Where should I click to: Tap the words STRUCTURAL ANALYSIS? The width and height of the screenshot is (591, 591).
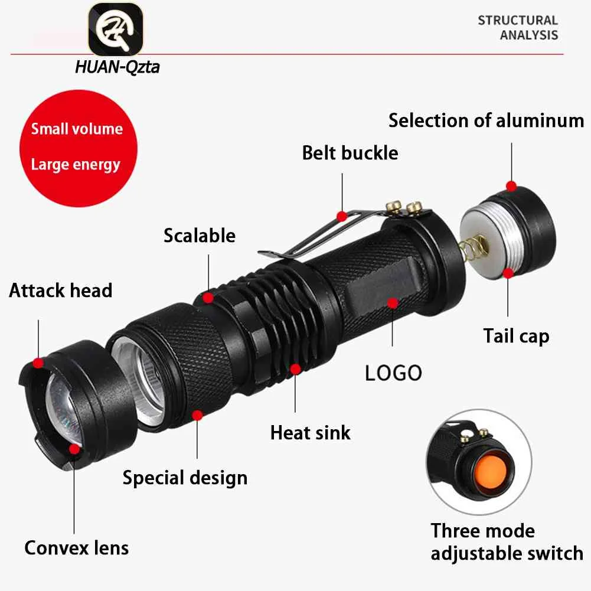518,27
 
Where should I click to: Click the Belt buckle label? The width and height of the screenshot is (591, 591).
350,152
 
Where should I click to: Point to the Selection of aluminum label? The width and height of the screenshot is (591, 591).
486,120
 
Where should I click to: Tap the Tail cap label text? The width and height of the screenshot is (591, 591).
516,336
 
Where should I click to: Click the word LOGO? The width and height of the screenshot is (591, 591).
393,373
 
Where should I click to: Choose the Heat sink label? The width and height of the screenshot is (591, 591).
310,432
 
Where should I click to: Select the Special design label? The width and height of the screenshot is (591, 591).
185,477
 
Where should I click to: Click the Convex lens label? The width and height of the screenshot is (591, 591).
76,547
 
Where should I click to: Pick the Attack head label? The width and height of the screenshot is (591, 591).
60,290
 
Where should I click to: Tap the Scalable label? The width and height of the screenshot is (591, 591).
199,236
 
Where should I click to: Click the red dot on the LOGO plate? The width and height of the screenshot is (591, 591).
391,303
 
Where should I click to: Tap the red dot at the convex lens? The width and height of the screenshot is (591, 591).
74,449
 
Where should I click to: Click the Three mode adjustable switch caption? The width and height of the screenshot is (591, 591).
507,541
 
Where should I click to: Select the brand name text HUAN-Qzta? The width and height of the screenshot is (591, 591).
117,67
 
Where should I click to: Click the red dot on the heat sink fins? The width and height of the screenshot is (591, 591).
295,368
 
